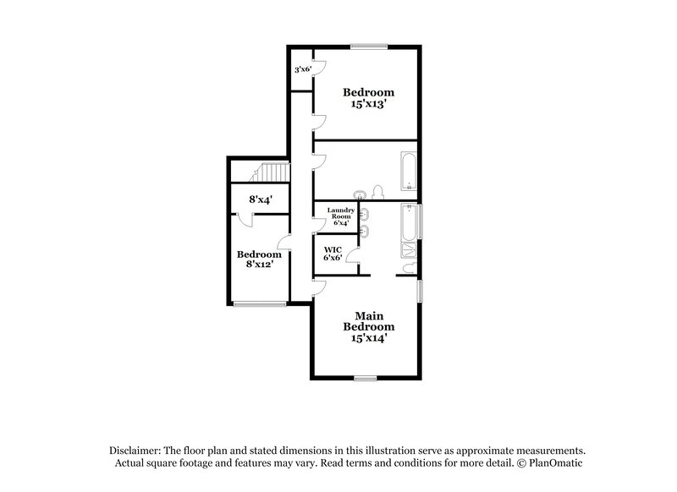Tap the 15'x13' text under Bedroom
pyautogui.click(x=368, y=106)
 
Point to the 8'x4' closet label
pyautogui.click(x=258, y=200)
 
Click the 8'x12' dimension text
pyautogui.click(x=258, y=265)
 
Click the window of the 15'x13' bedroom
pyautogui.click(x=369, y=46)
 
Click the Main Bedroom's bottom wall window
pyautogui.click(x=366, y=379)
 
